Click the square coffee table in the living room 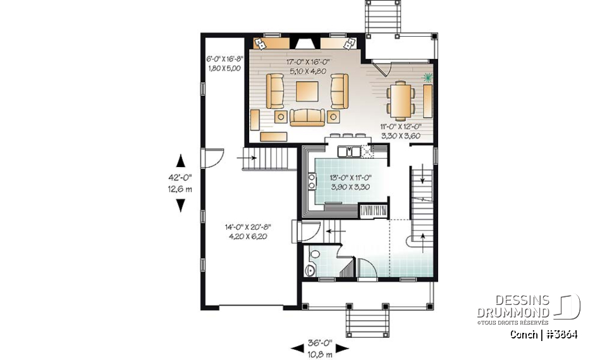coord(307,91)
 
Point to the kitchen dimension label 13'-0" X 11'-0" coord(349,178)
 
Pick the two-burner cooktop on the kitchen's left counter coord(311,182)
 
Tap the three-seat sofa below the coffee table coord(307,116)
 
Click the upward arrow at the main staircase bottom coord(422,240)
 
